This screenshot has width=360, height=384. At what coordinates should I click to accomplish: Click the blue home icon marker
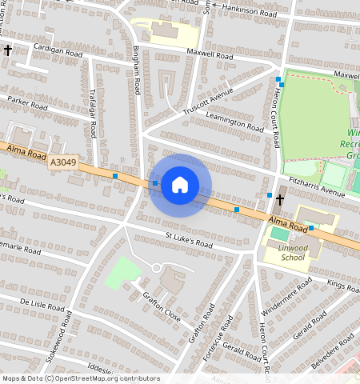point(180,185)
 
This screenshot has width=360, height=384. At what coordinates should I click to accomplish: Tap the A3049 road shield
point(63,162)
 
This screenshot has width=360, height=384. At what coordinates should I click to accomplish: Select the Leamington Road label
point(234,122)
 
